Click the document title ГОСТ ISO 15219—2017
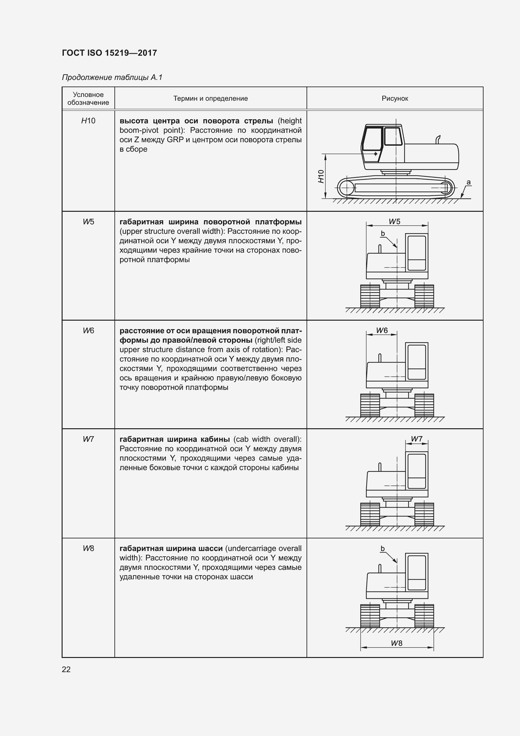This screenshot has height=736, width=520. click(x=109, y=53)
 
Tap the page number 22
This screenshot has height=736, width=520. click(x=66, y=669)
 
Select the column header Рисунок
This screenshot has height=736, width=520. click(x=395, y=98)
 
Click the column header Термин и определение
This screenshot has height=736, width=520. click(x=210, y=98)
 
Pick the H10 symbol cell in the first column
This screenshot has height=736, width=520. click(x=88, y=121)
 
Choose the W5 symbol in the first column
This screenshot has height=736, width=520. click(x=88, y=222)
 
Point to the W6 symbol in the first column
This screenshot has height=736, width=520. click(x=88, y=330)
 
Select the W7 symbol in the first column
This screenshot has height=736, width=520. click(x=88, y=439)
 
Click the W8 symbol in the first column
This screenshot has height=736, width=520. click(x=88, y=548)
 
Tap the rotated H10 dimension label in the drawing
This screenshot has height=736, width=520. click(x=321, y=176)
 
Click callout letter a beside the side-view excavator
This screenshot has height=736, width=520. click(x=468, y=183)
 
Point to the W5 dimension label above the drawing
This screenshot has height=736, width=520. click(x=395, y=222)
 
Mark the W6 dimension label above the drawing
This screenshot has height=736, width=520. click(x=382, y=330)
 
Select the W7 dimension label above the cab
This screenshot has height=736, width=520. click(x=417, y=439)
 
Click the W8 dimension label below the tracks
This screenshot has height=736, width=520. click(x=396, y=643)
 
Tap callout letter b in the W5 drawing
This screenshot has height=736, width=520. click(x=383, y=234)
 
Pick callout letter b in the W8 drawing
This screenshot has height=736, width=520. click(x=382, y=548)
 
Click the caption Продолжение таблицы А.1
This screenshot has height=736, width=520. click(x=112, y=77)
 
